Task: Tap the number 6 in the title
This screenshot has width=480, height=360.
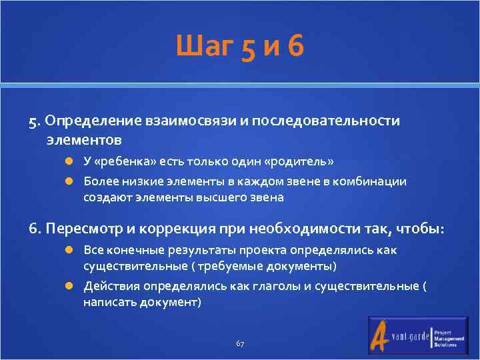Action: [297, 48]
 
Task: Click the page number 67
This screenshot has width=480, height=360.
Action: [240, 343]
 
